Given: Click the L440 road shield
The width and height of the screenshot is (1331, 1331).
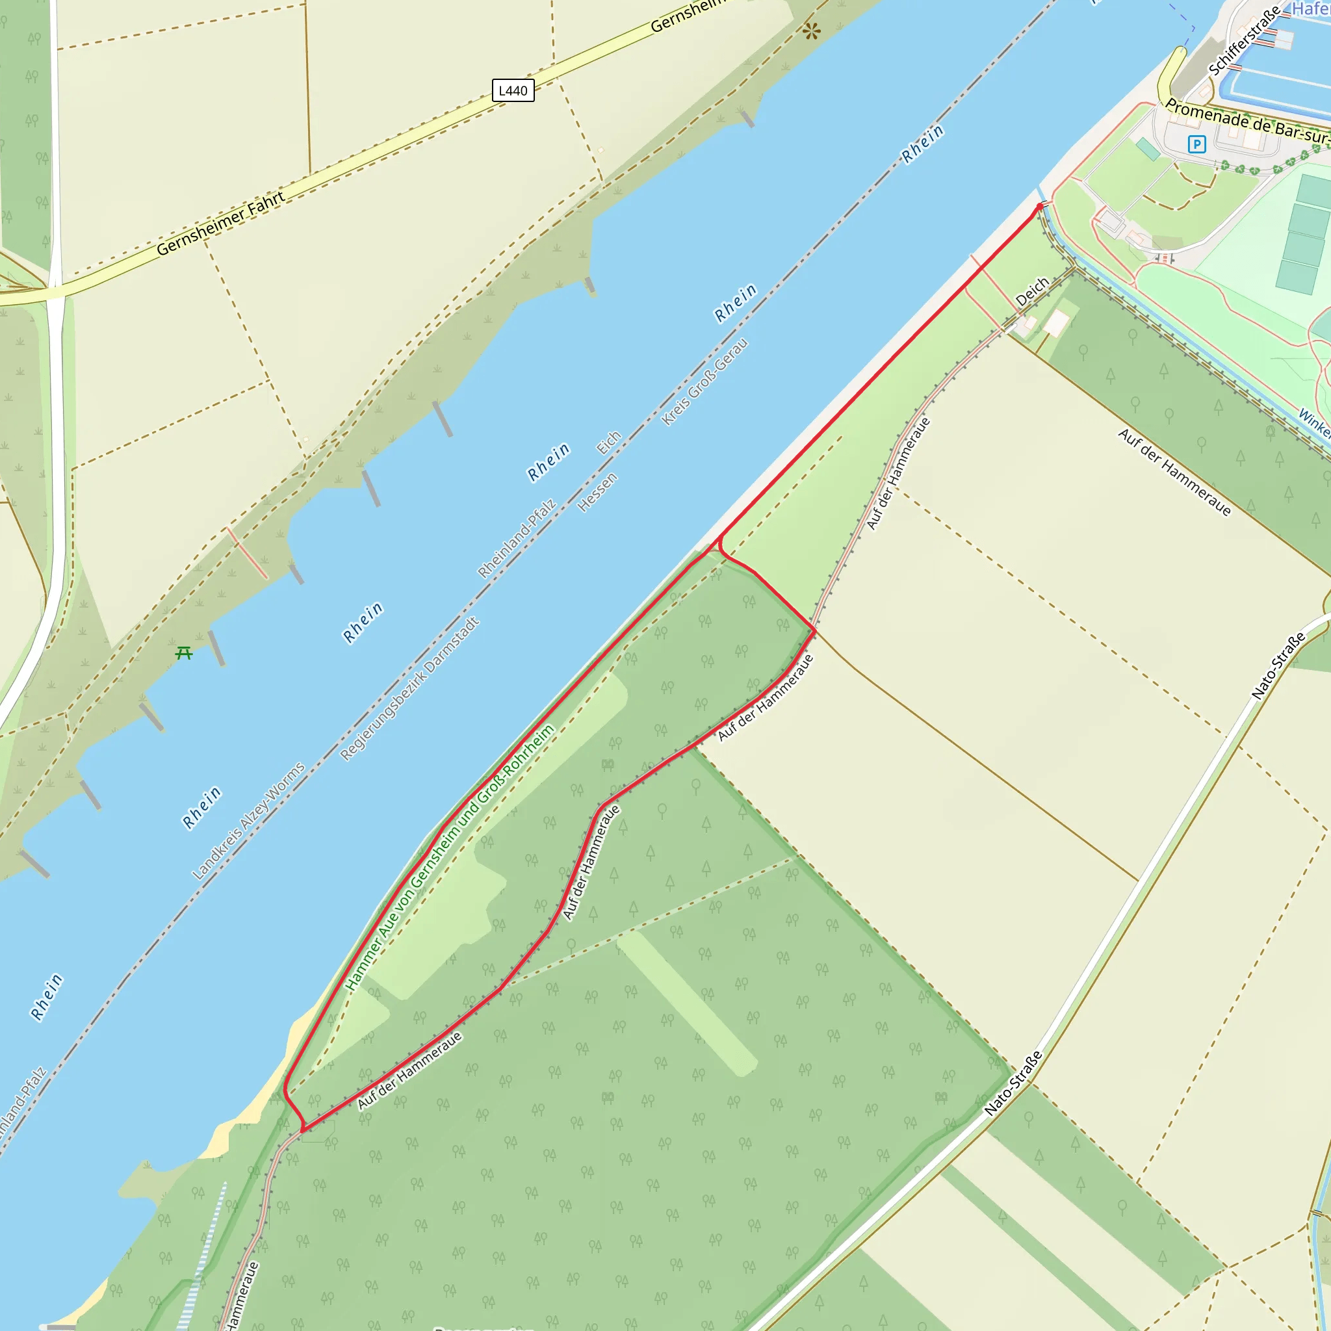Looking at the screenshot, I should [x=513, y=90].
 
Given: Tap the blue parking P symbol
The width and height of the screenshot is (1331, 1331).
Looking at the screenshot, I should [x=1196, y=144].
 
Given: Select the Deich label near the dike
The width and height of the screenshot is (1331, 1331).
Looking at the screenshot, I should [x=1032, y=291].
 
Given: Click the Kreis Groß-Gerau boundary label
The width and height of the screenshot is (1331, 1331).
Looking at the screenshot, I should [x=704, y=381].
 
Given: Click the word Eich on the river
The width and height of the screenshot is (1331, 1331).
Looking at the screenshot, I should [x=608, y=443].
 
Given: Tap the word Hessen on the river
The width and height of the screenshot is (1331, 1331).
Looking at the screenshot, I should [x=597, y=492].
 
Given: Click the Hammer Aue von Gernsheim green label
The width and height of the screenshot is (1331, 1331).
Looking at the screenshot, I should [x=449, y=857].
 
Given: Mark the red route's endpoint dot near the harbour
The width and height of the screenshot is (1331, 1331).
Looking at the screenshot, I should [x=1040, y=206].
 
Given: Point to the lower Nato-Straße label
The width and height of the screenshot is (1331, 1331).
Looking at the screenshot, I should [x=1013, y=1083].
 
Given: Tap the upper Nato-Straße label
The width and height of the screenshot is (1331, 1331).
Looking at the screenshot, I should [x=1278, y=665].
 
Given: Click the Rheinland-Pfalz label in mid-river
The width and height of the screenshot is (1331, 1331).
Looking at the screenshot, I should [x=516, y=539].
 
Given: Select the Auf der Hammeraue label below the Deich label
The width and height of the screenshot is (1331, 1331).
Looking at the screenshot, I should [x=898, y=473].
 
